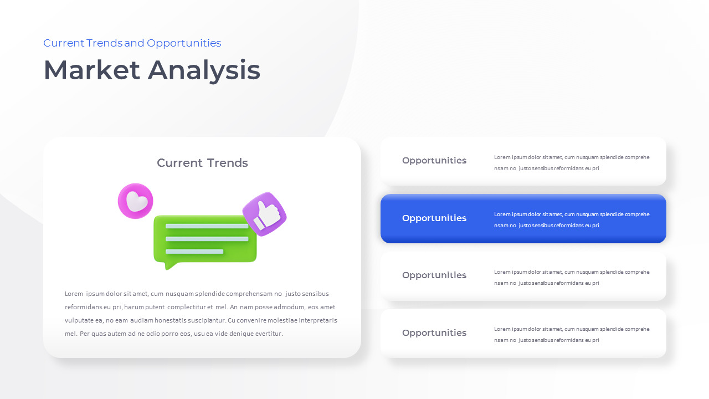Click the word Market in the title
(92, 70)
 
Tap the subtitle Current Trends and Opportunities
(132, 43)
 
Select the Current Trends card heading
(202, 163)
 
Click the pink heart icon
(135, 201)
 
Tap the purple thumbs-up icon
(265, 214)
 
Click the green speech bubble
(205, 239)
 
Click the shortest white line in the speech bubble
(194, 252)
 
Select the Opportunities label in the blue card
(434, 218)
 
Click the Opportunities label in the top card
(434, 161)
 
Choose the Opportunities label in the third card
(434, 275)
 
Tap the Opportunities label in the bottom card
(434, 333)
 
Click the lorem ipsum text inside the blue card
(572, 220)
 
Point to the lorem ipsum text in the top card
(572, 163)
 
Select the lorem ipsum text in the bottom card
(572, 335)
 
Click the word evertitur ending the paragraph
(269, 334)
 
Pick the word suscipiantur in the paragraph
(203, 320)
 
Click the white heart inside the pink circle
(136, 202)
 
